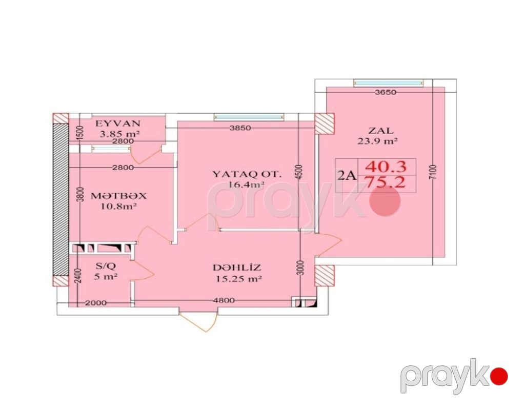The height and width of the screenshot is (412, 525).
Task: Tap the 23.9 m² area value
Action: click(377, 141)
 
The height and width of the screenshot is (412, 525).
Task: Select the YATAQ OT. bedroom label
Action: click(247, 174)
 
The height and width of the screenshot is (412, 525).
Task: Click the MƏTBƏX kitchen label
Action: click(118, 196)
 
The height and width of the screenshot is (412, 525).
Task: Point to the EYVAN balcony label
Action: click(118, 123)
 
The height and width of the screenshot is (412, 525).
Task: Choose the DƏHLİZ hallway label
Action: click(237, 268)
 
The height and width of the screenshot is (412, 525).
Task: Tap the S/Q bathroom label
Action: click(106, 266)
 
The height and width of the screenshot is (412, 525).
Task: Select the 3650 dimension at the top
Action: click(386, 92)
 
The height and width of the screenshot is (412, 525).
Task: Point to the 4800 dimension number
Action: click(224, 301)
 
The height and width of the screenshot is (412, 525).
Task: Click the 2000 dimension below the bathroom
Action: click(96, 303)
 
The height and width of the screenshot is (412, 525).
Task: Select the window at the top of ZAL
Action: click(389, 83)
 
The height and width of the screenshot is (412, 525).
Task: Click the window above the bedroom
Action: click(249, 117)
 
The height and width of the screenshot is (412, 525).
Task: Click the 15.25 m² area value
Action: click(238, 278)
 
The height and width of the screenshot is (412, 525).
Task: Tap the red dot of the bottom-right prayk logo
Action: click(499, 376)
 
